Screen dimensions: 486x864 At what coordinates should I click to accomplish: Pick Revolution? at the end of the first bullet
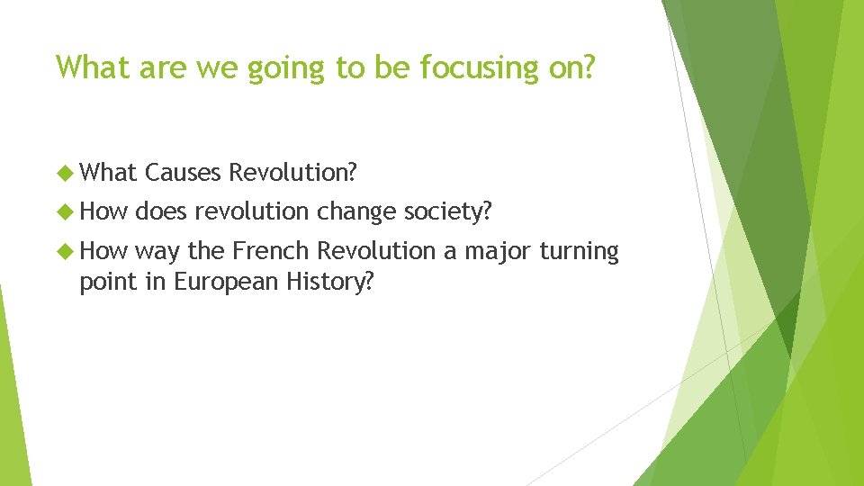(x=293, y=171)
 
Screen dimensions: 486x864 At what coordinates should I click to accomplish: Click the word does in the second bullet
(x=161, y=211)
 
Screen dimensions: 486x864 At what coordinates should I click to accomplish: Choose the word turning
(x=580, y=252)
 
